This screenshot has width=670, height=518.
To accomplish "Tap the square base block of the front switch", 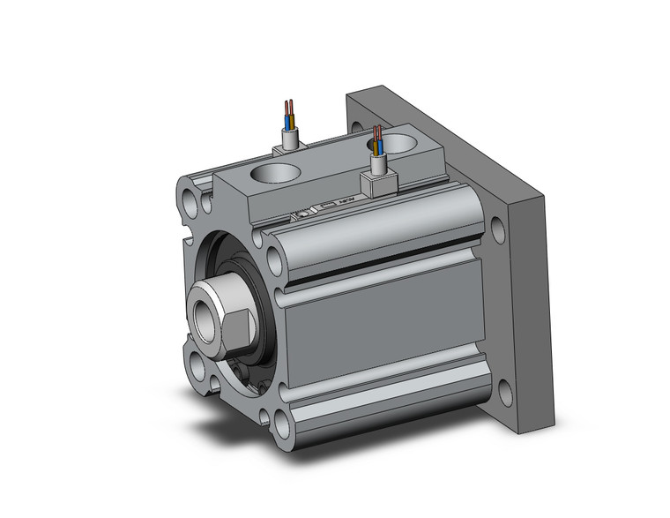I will (376, 183).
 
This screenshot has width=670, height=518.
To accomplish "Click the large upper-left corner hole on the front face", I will (192, 192).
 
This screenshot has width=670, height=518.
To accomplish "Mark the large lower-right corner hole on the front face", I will (282, 427).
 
